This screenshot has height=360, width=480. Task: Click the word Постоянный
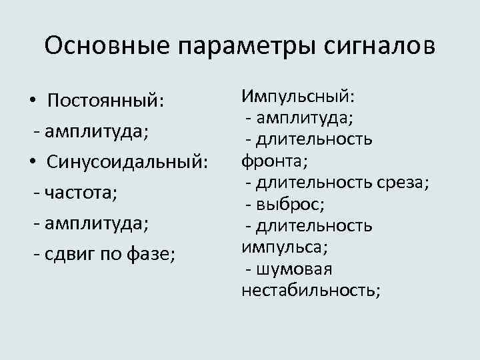point(106,101)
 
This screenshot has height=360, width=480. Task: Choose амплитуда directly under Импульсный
point(307,118)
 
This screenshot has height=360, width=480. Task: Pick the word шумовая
point(294,269)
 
